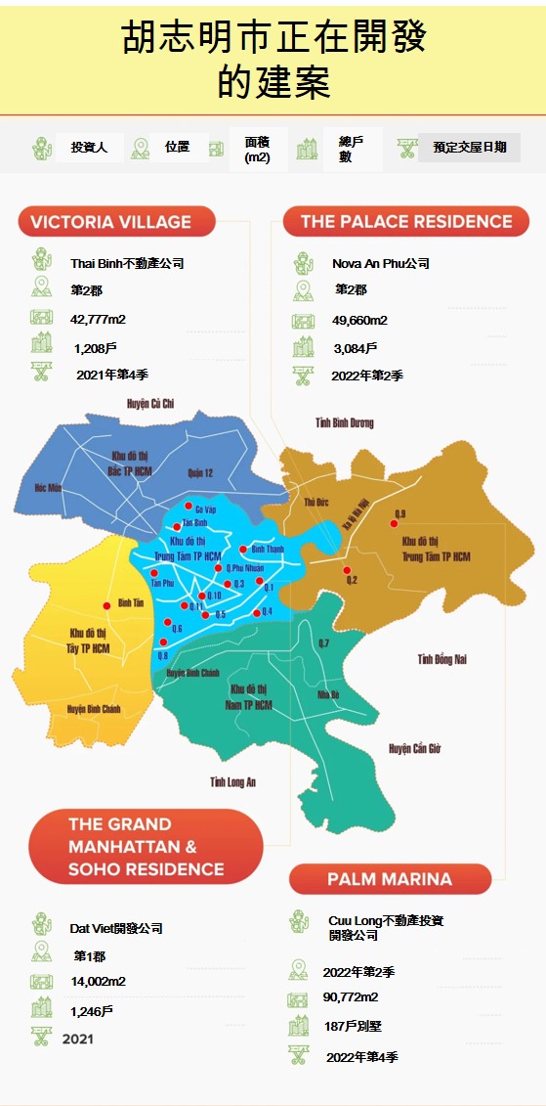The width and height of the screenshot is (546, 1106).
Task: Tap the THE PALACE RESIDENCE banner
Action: tap(405, 222)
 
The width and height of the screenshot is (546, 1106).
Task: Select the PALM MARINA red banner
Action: tap(390, 879)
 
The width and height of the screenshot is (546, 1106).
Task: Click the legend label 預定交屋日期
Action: tap(469, 148)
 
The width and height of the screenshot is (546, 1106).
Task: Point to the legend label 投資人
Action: tap(88, 148)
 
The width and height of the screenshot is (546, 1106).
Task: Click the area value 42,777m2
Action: tap(98, 319)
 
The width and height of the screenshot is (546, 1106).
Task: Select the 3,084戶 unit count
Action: tap(355, 347)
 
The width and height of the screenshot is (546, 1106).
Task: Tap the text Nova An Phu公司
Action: tap(380, 263)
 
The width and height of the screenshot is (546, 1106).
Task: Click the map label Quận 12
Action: tap(199, 473)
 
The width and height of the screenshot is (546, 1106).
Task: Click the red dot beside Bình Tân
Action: tap(107, 605)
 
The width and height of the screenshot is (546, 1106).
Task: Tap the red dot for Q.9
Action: tap(395, 524)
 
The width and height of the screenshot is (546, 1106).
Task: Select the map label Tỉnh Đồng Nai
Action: tap(441, 659)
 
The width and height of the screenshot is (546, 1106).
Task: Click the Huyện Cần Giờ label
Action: tap(415, 748)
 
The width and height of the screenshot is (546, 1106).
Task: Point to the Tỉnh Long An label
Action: tap(232, 782)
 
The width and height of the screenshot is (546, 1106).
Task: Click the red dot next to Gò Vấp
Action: tap(189, 507)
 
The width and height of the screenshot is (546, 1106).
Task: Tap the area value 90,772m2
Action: tap(351, 997)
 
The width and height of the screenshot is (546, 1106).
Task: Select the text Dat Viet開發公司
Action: tap(116, 928)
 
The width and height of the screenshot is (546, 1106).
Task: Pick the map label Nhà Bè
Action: tap(328, 696)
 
